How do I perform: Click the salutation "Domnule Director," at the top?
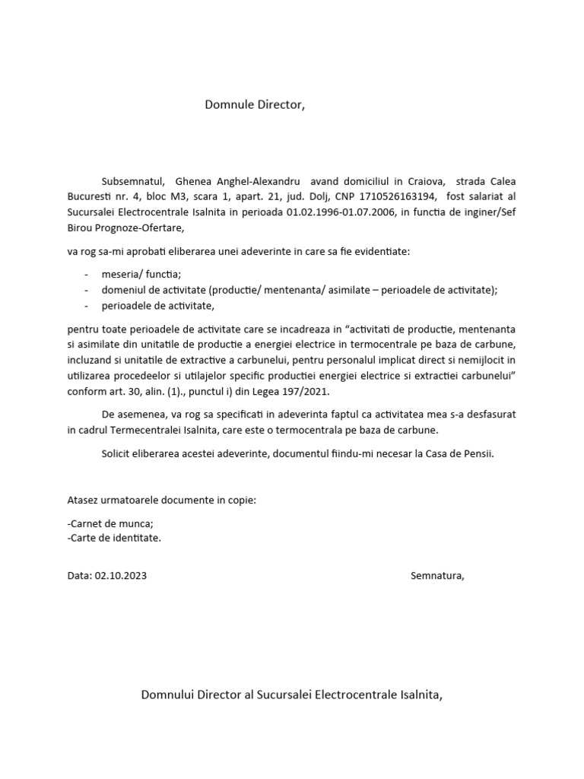click(254, 104)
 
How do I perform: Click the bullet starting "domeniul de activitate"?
click(294, 291)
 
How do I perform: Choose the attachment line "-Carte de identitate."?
click(114, 538)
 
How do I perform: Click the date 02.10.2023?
click(121, 576)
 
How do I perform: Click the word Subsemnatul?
click(133, 182)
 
